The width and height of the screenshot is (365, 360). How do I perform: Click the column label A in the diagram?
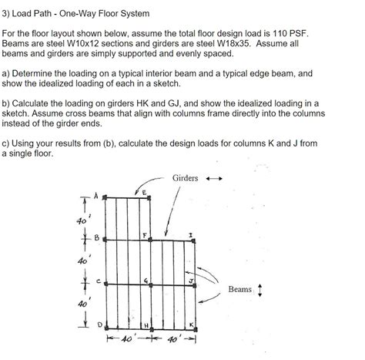[97, 194]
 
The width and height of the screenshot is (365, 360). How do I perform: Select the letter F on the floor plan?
[143, 234]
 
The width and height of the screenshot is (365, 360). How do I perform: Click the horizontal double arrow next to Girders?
[212, 179]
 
